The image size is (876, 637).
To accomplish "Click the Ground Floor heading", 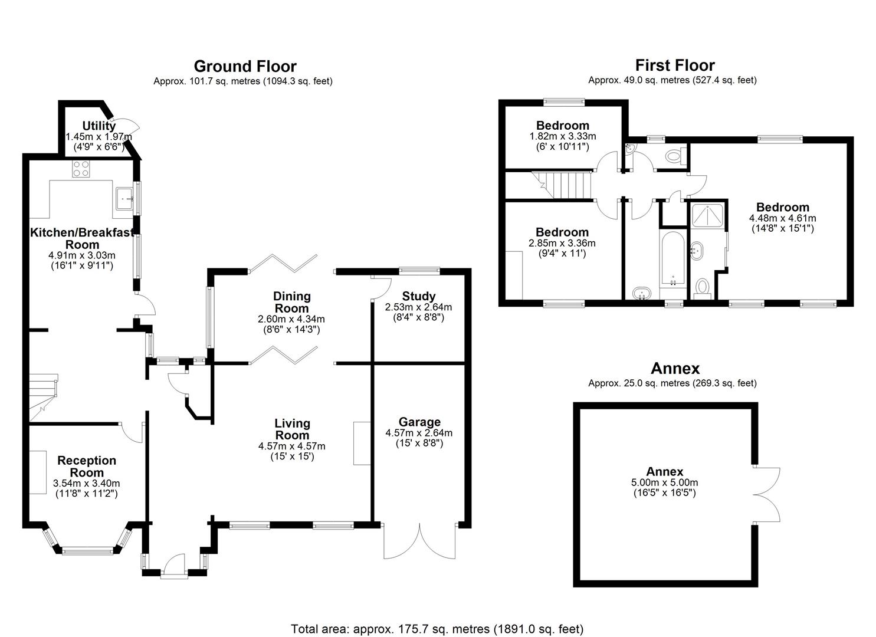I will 245,66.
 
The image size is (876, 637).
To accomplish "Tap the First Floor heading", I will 675,65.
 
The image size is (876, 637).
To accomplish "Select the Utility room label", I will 99,126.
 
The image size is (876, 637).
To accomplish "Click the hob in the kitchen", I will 81,169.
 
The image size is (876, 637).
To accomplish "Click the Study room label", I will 418,296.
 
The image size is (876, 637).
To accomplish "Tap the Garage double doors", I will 419,540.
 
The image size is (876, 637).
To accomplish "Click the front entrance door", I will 173,565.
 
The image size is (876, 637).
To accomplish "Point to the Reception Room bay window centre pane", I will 87,551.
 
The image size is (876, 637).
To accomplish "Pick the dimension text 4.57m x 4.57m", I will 291,446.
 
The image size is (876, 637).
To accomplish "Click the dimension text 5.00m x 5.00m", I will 664,482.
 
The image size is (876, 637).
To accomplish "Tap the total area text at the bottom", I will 437,629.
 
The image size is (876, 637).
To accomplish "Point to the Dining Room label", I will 291,302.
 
